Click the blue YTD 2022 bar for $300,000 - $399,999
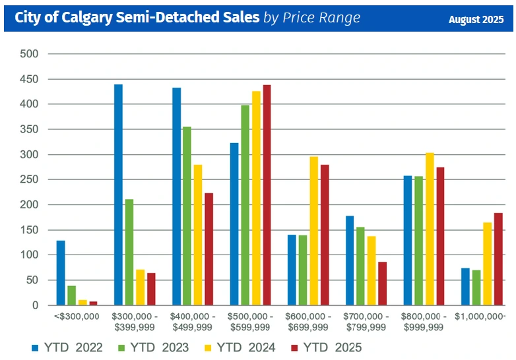[x=118, y=195]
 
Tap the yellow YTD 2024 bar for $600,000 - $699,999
[x=313, y=231]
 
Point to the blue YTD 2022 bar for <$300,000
[x=61, y=273]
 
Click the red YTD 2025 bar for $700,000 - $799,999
[x=382, y=284]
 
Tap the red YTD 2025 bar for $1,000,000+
[x=498, y=259]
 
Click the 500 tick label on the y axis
[x=30, y=54]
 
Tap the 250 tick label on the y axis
[x=30, y=180]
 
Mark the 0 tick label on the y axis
[x=35, y=305]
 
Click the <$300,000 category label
[x=77, y=317]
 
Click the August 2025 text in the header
[x=476, y=19]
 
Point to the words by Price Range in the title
[x=312, y=18]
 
